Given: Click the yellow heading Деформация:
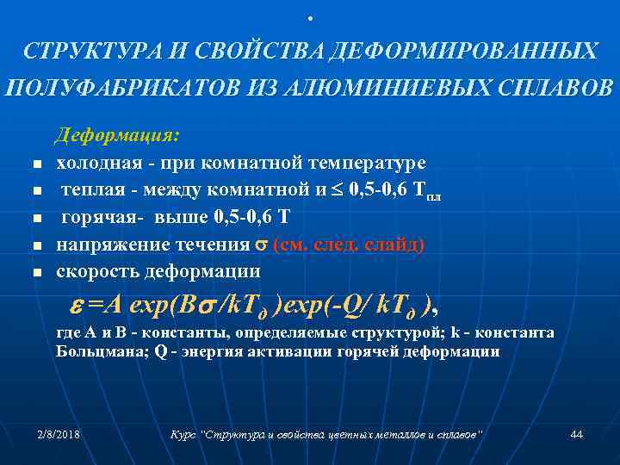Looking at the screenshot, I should point(117,136).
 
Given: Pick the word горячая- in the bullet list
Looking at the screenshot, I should point(97,217).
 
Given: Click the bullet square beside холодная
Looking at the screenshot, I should point(35,164).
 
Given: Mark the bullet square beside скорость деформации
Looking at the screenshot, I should point(35,272).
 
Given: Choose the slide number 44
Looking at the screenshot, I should point(577,435).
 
